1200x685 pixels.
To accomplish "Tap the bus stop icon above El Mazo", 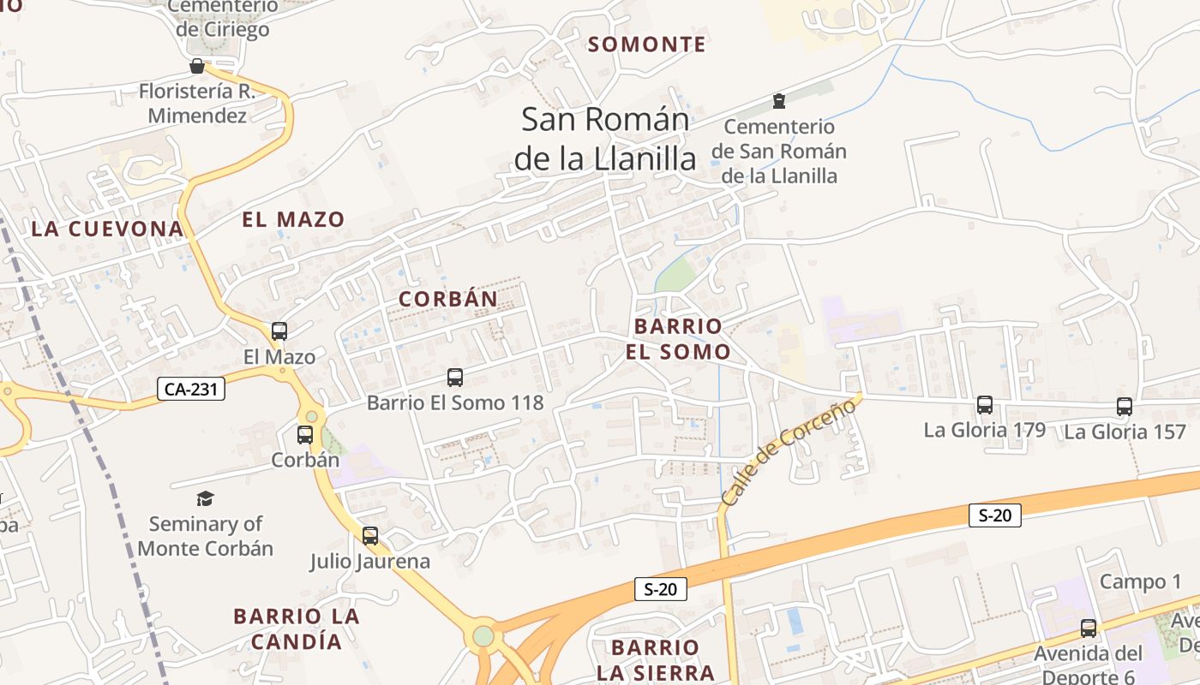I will pos(279,331).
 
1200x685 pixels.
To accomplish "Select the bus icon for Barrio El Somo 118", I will pos(455,377).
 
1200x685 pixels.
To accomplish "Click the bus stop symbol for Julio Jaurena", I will pos(370,536).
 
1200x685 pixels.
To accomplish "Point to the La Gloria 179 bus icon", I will pos(985,405).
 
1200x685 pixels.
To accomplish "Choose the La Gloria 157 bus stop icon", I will pos(1125,407).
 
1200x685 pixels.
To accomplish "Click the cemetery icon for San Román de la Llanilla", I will pos(778,102).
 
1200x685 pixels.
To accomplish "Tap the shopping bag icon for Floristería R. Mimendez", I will pos(197,67).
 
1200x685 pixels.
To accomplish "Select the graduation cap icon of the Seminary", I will pos(205,498).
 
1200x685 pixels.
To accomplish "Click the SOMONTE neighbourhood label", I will pos(647,45).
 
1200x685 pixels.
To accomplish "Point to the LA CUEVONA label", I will pos(107,229).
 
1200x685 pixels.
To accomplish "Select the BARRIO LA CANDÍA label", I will pos(297,628).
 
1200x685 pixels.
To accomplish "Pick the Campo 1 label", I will pos(1140,582).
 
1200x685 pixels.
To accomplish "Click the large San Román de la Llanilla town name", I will pos(606,139).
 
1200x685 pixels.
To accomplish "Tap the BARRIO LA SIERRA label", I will pos(656,659).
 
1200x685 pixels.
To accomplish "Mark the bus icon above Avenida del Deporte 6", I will pos(1089,628).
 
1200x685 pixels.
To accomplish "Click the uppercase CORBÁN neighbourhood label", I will pos(448,299).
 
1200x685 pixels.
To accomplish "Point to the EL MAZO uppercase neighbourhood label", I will pos(293,219).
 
